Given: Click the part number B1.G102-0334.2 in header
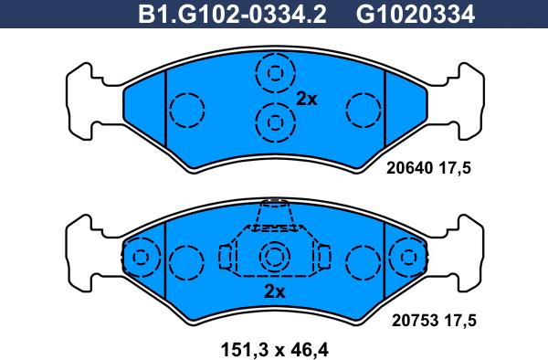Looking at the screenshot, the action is point(232,15).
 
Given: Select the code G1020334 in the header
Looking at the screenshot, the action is point(416,15).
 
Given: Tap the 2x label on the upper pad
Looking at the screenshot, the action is point(307,100).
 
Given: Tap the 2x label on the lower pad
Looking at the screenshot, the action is point(275,291).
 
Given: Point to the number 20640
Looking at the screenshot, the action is point(409,168).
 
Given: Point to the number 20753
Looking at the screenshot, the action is point(415,320).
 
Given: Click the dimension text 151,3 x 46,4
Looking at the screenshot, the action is point(275,349).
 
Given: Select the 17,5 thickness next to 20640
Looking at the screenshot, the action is point(455,169).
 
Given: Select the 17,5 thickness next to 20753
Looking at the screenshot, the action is point(460,321).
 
